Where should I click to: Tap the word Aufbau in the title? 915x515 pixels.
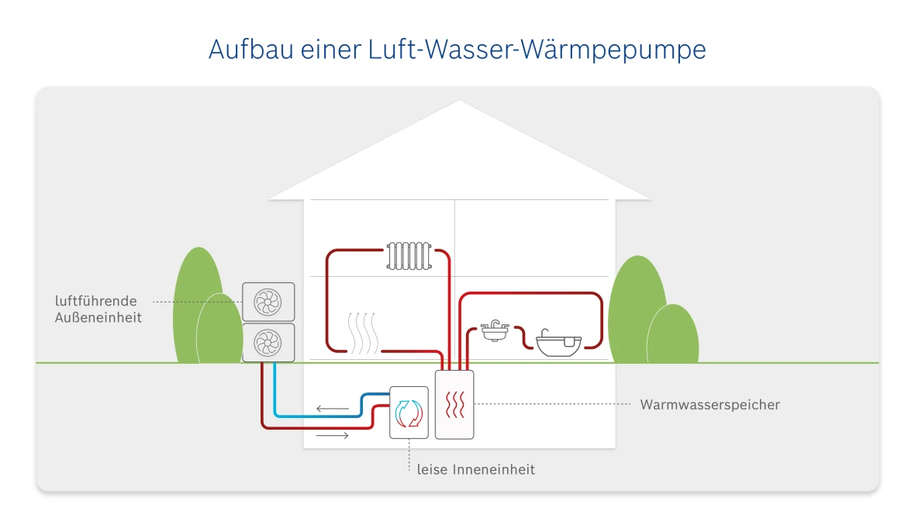[x=247, y=50]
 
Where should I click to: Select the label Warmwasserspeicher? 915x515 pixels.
[x=710, y=405]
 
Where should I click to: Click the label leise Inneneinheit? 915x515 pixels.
[x=475, y=469]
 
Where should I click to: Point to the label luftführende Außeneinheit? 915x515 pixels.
[x=98, y=309]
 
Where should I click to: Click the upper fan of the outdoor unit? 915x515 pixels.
[x=268, y=302]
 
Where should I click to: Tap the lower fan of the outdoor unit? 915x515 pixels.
[x=268, y=342]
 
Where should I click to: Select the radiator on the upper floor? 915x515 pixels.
[x=409, y=255]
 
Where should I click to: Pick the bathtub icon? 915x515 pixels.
[x=558, y=342]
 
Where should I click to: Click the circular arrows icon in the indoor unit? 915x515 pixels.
[x=408, y=413]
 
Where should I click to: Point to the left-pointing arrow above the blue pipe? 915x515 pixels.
[x=332, y=408]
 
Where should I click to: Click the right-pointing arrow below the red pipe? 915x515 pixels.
[x=332, y=437]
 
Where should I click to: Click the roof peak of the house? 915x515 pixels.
[x=459, y=103]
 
